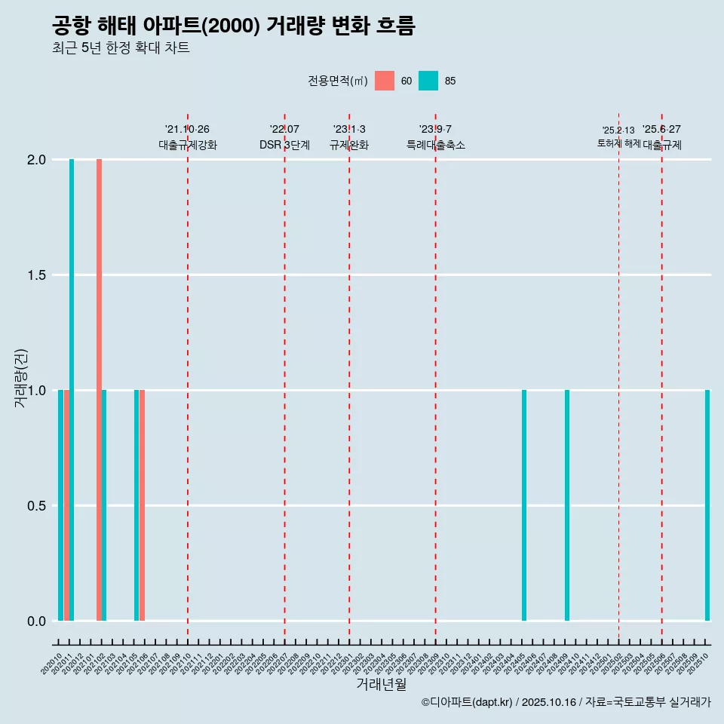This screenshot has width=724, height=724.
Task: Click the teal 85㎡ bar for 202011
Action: click(72, 390)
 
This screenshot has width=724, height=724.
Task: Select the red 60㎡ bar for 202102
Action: click(99, 390)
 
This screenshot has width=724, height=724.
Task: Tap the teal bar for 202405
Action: click(524, 505)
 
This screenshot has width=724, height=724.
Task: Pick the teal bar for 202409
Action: click(567, 505)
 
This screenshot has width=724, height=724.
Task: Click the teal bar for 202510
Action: click(707, 505)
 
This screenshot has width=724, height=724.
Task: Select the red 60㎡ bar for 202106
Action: click(142, 505)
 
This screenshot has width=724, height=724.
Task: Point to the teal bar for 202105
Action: click(137, 505)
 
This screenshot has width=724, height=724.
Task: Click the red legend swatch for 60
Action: click(385, 81)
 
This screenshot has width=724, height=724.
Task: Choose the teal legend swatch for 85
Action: click(428, 81)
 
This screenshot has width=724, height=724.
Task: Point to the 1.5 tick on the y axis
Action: click(36, 275)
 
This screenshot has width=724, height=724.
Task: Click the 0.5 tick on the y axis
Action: click(36, 505)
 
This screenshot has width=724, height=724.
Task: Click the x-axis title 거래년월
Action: click(381, 685)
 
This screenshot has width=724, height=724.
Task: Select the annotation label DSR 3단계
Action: click(284, 145)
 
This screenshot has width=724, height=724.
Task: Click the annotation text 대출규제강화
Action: click(188, 145)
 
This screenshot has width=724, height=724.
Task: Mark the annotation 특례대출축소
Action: click(435, 145)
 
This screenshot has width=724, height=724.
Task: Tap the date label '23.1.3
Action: click(349, 129)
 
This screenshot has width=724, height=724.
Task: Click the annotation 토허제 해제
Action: click(618, 143)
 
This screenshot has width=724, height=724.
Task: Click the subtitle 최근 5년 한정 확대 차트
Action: click(121, 48)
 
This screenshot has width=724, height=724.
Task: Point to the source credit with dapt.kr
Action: click(566, 702)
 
